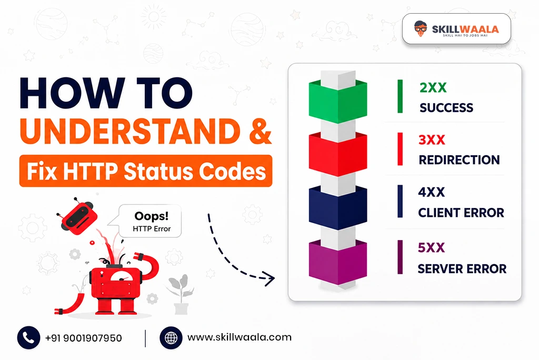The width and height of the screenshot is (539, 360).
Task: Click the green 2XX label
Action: point(433,88)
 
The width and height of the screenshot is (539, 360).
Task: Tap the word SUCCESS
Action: point(446,108)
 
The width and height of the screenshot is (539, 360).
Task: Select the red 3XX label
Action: point(432,140)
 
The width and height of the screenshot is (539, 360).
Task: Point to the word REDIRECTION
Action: point(459,160)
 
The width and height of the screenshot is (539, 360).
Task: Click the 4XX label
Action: point(432,192)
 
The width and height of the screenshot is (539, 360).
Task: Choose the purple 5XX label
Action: point(431,247)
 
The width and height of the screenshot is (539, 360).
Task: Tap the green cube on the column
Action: point(338,101)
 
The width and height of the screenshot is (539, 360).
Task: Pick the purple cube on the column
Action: point(338,262)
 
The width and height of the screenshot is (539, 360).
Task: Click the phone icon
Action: point(28,338)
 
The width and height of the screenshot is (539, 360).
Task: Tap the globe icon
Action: point(171,338)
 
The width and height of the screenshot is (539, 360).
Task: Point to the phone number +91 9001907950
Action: point(84,338)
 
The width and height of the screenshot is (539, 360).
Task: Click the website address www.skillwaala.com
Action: point(239,337)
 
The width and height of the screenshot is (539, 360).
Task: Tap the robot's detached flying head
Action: point(78,217)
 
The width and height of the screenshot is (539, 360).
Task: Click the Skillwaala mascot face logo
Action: point(420,29)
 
